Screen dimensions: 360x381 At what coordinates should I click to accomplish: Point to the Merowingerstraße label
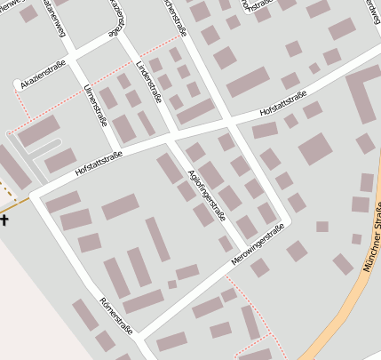(258, 245)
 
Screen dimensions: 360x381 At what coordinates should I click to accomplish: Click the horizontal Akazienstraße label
(43, 81)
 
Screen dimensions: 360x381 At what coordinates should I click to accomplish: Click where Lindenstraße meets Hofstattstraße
(169, 135)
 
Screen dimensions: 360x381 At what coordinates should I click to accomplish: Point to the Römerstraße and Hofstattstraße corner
(35, 193)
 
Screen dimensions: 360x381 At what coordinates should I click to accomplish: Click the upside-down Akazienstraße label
(116, 18)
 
